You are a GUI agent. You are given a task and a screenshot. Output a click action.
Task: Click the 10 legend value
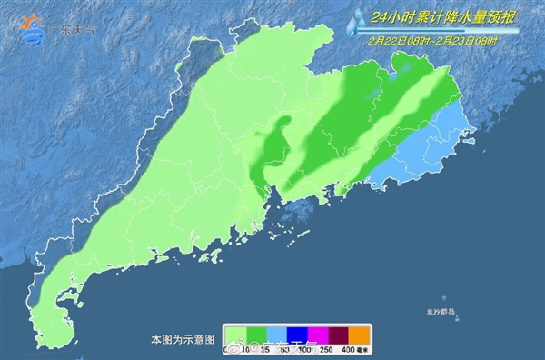(247, 350)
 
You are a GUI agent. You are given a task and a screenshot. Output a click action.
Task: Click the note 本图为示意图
(183, 338)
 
